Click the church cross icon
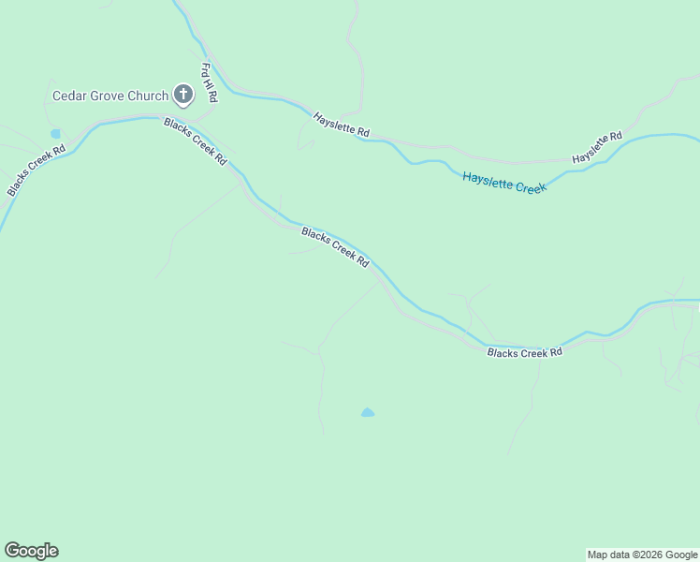[182, 95]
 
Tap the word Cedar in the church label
[68, 96]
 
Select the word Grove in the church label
[107, 96]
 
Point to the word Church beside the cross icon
[148, 96]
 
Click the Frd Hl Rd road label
[210, 82]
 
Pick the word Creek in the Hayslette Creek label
[530, 187]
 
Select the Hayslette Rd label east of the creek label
[597, 148]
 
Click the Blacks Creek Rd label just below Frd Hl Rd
[196, 141]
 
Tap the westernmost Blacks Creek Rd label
[36, 170]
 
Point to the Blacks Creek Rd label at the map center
[335, 247]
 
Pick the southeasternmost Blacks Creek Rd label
[524, 352]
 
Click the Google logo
[31, 551]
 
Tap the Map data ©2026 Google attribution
[643, 555]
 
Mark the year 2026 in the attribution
[648, 555]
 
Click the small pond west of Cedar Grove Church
[55, 134]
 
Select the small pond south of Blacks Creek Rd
[368, 412]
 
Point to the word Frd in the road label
[206, 70]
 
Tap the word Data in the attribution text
[620, 555]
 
